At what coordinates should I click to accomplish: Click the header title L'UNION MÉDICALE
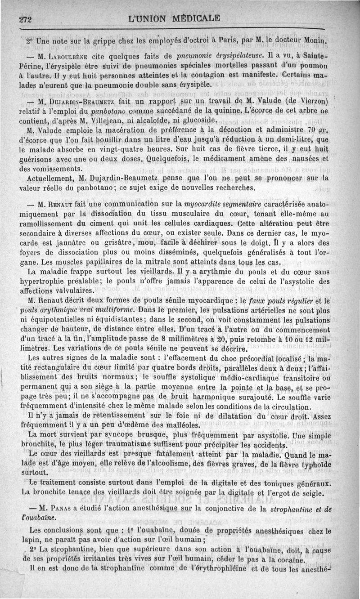click(x=174, y=18)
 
